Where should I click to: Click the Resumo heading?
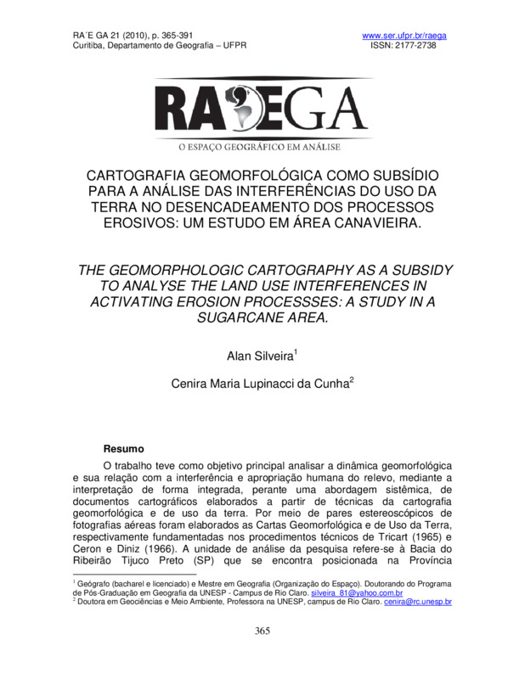(123, 448)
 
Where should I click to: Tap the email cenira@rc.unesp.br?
(417, 601)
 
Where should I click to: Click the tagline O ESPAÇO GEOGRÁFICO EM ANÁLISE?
(262, 147)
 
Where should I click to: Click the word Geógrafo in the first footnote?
(93, 584)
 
